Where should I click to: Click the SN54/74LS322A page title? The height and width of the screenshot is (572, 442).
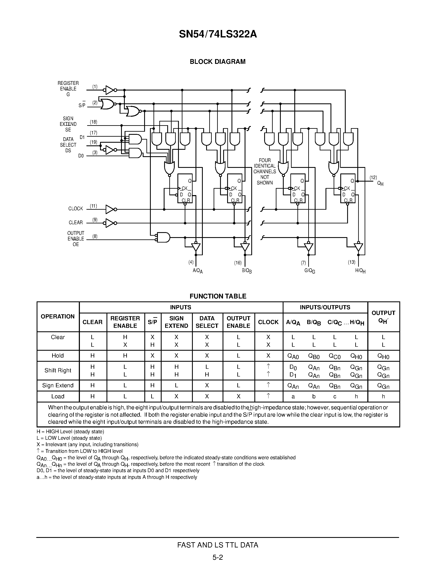click(x=218, y=34)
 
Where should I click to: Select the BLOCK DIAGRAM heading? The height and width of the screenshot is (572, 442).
click(x=218, y=62)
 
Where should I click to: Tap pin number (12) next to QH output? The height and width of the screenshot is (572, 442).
click(x=373, y=178)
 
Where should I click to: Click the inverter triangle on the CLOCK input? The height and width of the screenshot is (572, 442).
click(x=110, y=209)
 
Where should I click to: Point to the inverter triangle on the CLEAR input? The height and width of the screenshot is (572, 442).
click(x=110, y=223)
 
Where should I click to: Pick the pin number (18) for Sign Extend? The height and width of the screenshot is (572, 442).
click(x=93, y=122)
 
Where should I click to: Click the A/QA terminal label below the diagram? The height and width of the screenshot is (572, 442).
click(x=198, y=271)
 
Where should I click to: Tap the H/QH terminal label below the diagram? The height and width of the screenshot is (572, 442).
click(x=360, y=271)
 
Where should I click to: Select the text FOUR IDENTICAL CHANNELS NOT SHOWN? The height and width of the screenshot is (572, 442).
click(x=265, y=172)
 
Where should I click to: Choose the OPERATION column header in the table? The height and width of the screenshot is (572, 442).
click(x=58, y=317)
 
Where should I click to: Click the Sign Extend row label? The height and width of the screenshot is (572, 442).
click(x=58, y=385)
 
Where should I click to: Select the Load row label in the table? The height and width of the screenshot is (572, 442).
click(x=58, y=396)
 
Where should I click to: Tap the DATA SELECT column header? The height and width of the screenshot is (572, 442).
click(x=207, y=322)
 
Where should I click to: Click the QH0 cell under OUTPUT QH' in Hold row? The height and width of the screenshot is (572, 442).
click(x=383, y=356)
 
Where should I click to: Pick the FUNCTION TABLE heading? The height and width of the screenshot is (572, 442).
click(x=218, y=296)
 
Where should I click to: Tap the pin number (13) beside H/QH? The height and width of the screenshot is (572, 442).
click(x=351, y=262)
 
